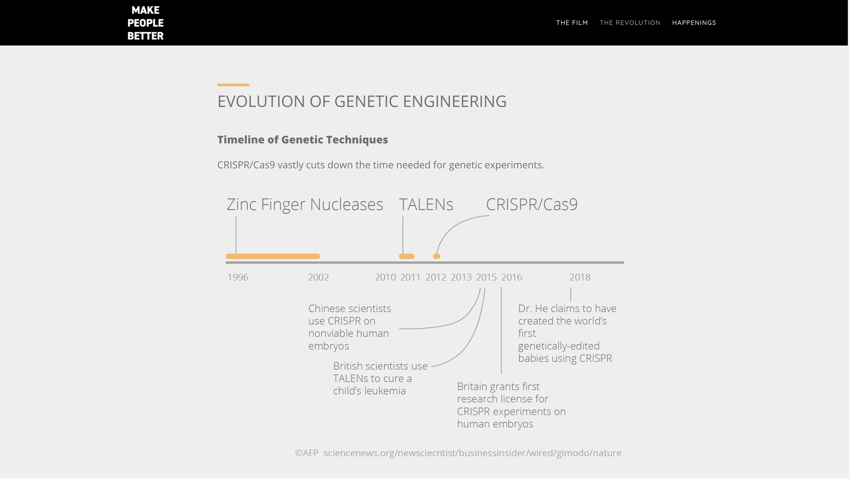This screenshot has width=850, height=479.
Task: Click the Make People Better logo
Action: pos(146,23)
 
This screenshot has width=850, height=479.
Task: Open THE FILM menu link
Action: pos(572,23)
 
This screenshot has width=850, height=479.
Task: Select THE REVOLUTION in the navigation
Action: pos(630,23)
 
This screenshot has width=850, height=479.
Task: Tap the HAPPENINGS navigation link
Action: pos(694,23)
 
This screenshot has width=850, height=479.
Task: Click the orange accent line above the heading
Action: pos(233,85)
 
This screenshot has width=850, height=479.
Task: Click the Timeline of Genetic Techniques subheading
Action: pos(303,140)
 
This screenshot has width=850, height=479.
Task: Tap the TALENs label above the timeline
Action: pos(426,204)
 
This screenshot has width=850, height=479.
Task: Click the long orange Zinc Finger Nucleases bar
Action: pos(273,256)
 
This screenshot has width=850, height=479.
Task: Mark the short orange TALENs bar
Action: pos(407,256)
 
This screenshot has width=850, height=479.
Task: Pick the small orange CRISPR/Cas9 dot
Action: pos(436,256)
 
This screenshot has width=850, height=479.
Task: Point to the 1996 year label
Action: pos(238,277)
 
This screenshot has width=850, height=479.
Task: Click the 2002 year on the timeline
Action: pos(319,277)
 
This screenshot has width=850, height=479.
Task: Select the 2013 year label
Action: pos(461,277)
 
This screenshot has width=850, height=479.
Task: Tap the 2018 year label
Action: pos(580,277)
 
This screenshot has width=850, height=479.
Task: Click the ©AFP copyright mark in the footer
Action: pos(307,453)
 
